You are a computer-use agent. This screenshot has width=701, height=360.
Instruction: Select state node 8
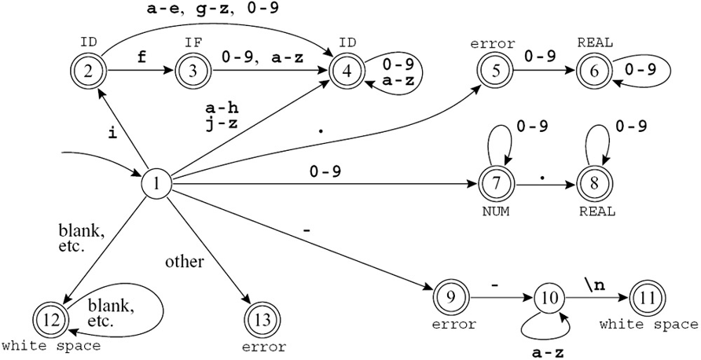click(593, 186)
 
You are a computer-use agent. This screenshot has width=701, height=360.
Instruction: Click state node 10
click(549, 299)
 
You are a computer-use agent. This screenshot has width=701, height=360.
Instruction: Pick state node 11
click(647, 299)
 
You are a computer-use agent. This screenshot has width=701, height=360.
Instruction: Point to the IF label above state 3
click(192, 40)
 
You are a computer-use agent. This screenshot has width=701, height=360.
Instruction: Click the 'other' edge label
click(184, 261)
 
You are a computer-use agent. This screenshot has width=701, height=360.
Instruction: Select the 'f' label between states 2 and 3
click(141, 57)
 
